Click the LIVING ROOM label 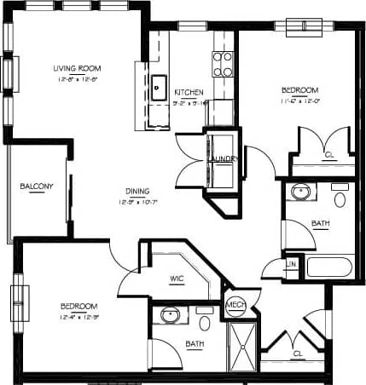(72, 69)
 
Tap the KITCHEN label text (187, 91)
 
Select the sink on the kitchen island (159, 85)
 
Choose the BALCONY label (37, 187)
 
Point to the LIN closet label (291, 266)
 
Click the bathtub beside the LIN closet (328, 267)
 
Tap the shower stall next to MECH (243, 347)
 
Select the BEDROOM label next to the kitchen (300, 90)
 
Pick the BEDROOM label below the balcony (78, 306)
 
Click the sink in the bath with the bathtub (299, 192)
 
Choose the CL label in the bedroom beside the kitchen (329, 155)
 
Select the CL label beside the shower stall (298, 352)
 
